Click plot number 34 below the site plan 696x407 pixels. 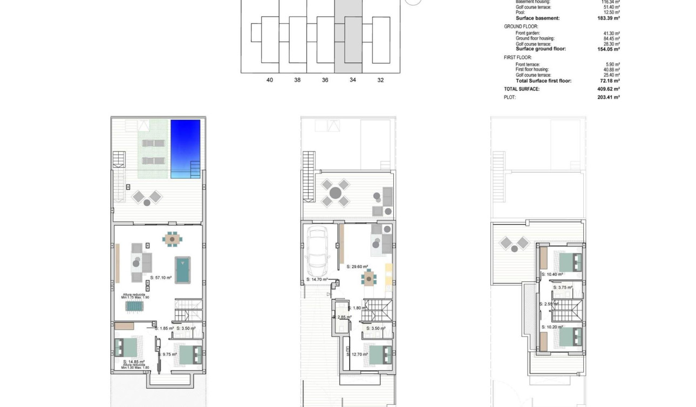click(x=353, y=80)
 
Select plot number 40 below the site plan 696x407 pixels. click(x=270, y=80)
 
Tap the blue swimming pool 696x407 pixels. click(x=186, y=149)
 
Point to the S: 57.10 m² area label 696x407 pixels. click(x=160, y=278)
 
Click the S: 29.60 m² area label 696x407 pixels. click(x=357, y=266)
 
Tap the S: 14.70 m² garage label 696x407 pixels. click(x=317, y=280)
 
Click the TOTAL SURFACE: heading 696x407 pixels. click(x=522, y=89)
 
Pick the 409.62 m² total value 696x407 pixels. click(x=609, y=89)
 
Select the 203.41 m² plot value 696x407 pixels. click(x=609, y=98)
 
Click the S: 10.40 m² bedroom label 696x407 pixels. click(x=552, y=274)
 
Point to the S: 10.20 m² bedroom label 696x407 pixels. click(x=552, y=327)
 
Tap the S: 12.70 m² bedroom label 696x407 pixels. click(x=357, y=354)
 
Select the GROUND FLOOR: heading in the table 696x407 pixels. click(x=521, y=26)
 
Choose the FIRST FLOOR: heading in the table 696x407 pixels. click(x=518, y=58)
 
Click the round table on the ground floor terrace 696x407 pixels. click(x=335, y=192)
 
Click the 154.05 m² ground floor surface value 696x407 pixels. click(x=609, y=49)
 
